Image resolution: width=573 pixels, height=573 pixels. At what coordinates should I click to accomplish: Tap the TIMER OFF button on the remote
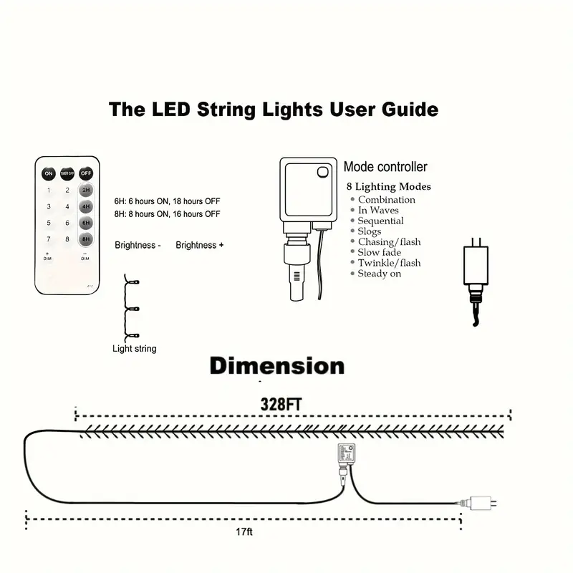67,173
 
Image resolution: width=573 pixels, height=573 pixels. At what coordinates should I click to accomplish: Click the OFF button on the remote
86,173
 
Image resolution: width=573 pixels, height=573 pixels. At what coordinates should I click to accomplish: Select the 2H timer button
86,191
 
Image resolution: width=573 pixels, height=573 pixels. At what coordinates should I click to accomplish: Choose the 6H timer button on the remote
86,223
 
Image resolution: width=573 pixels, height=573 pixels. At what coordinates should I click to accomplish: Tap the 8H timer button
86,239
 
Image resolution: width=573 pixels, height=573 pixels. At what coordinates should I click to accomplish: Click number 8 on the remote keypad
67,239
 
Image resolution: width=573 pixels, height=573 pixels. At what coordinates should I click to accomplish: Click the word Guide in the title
403,110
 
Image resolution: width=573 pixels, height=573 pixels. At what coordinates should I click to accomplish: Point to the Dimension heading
276,366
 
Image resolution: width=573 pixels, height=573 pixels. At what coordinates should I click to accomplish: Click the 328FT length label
281,404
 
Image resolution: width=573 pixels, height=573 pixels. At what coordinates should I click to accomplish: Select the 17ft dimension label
244,532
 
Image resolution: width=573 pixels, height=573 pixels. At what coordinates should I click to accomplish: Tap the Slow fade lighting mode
380,252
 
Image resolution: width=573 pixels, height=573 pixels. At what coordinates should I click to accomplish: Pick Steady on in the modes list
380,274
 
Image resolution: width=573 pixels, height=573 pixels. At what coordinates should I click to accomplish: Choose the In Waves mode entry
378,211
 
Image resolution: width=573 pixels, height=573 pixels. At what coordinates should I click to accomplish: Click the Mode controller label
385,167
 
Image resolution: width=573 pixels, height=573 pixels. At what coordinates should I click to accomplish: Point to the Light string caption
135,349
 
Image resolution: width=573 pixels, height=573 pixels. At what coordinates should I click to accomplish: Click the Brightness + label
200,245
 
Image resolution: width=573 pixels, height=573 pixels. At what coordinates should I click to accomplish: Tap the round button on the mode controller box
322,172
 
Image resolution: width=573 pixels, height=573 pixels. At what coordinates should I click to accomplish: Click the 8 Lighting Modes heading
388,187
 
